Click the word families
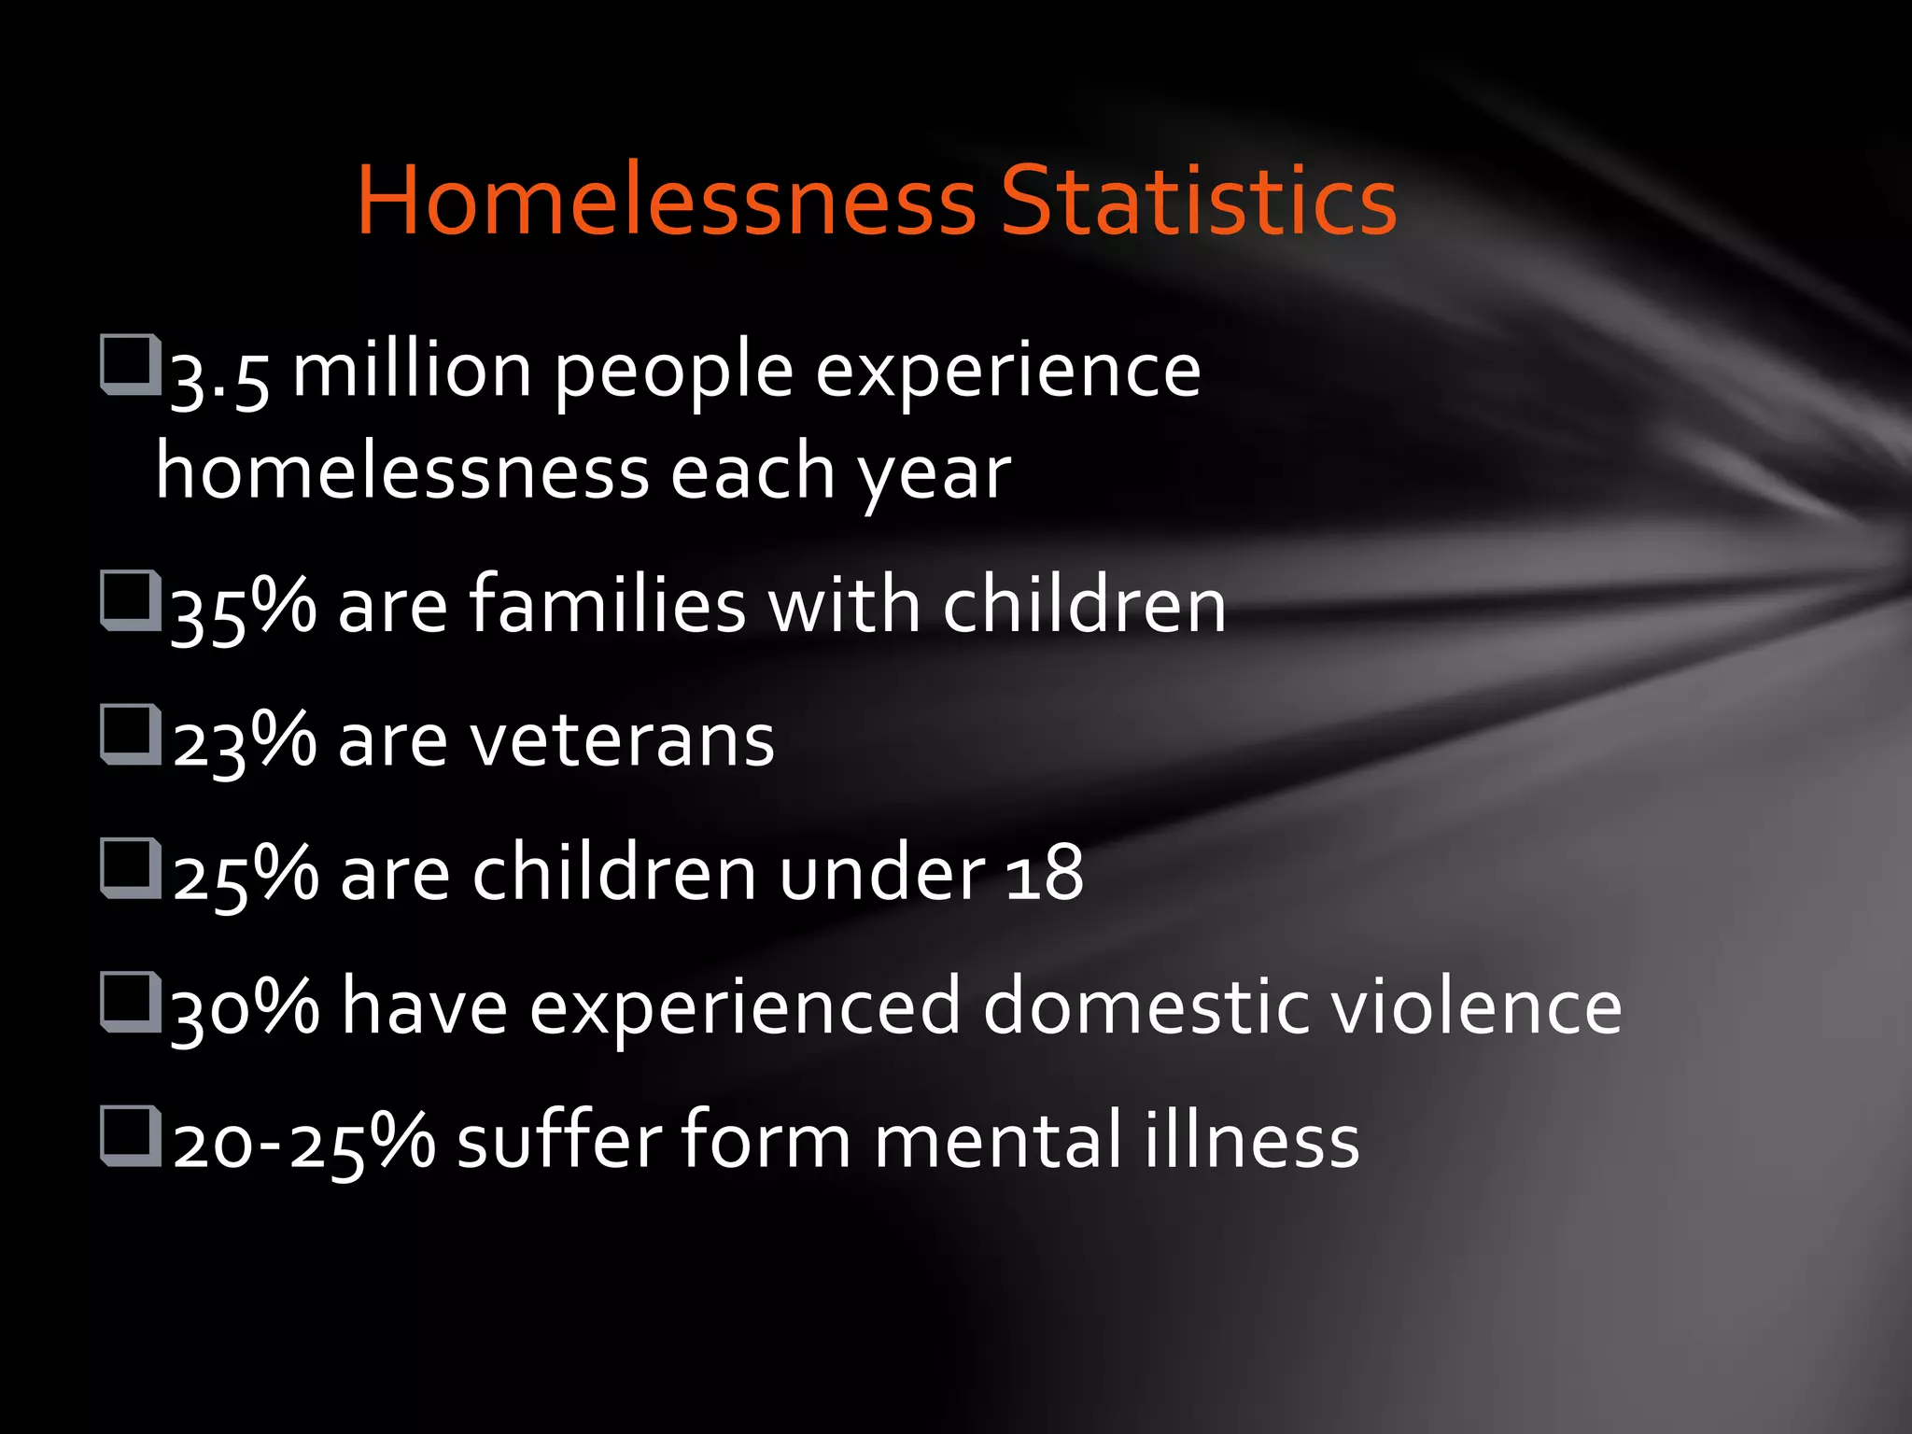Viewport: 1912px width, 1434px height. [607, 604]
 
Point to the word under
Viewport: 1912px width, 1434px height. [882, 874]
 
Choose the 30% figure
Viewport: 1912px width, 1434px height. [246, 1008]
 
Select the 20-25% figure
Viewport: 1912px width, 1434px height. [303, 1142]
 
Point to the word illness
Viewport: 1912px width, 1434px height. [1252, 1140]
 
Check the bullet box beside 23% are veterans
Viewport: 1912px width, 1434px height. [130, 734]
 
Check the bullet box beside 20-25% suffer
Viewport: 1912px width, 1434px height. [130, 1135]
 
